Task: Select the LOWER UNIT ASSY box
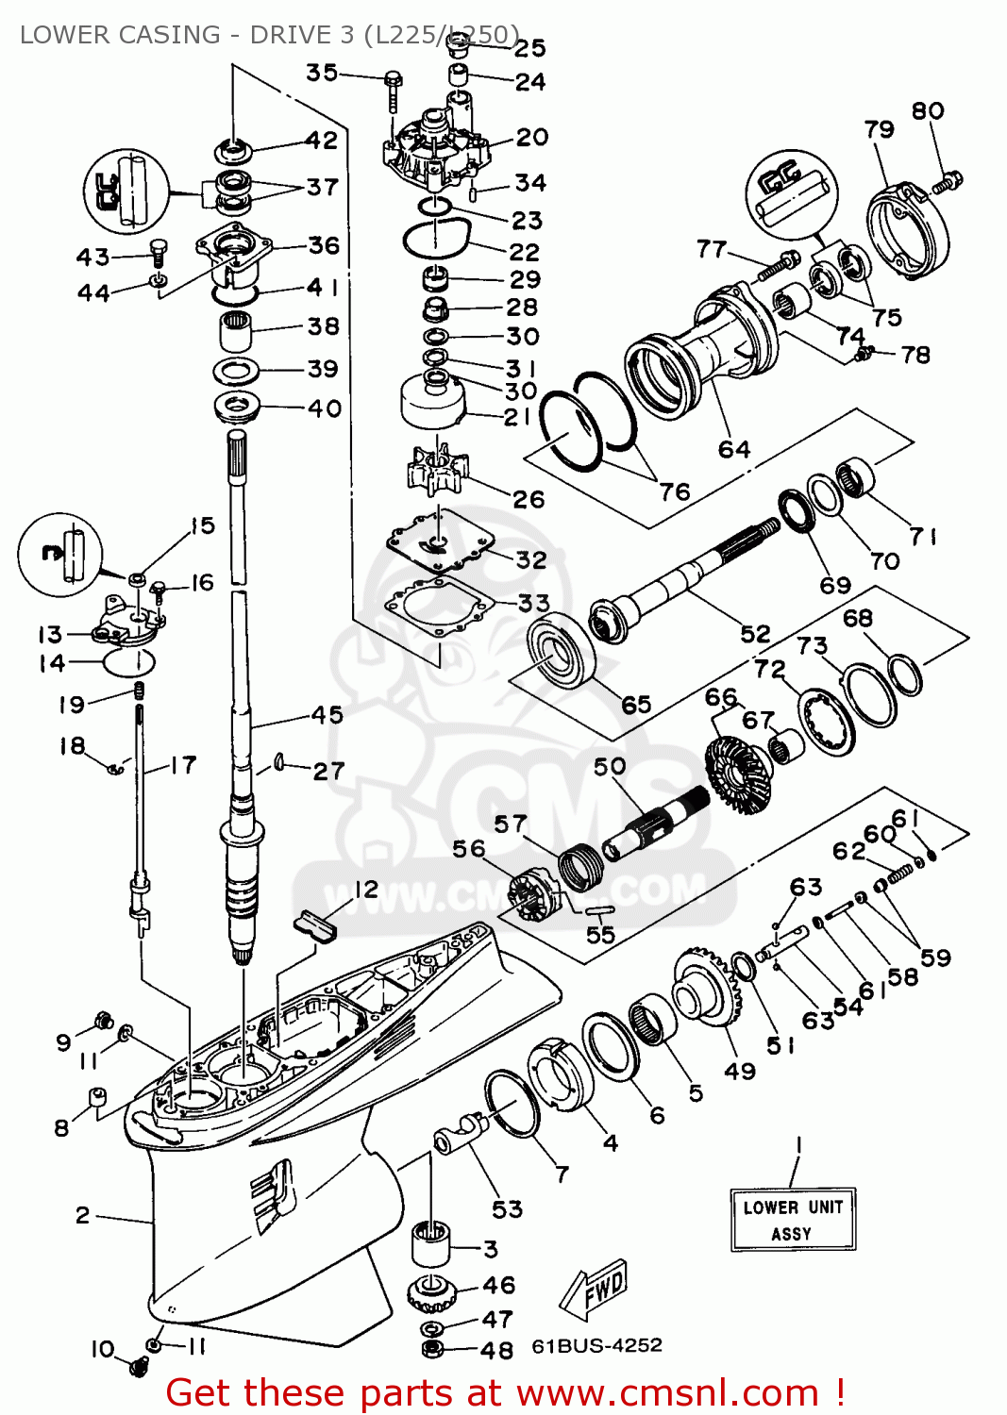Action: [793, 1219]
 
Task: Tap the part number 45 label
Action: [327, 714]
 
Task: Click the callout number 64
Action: [734, 449]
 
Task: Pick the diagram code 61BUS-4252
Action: [596, 1345]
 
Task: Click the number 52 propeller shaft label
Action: [755, 633]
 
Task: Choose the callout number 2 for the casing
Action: [83, 1215]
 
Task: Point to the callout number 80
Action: [927, 110]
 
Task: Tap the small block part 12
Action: [315, 924]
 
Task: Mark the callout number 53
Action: [507, 1208]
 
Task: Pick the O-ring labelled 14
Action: [127, 662]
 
